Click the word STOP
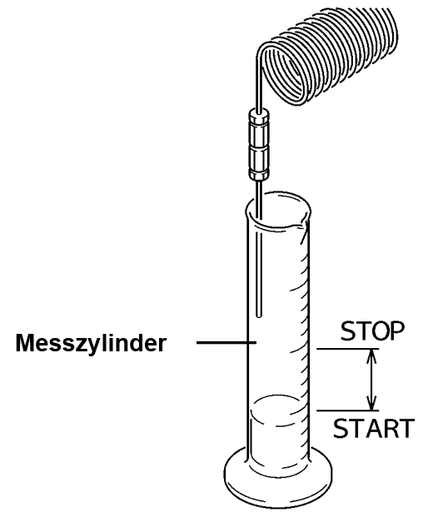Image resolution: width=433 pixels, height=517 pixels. coord(372,331)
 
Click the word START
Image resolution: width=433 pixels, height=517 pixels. coord(373,428)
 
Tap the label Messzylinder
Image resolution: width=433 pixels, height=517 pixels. coord(91,343)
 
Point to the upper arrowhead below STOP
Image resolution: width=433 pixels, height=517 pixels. coord(371,354)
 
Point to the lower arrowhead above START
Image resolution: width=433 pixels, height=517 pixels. coord(372,405)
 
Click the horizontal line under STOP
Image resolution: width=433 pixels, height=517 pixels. coord(347,349)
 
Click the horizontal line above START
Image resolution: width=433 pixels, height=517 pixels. coord(347,410)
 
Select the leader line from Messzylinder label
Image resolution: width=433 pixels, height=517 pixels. coord(226,343)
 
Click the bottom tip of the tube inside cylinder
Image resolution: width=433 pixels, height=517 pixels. coord(259,316)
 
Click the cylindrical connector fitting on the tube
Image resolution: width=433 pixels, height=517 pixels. coord(259,145)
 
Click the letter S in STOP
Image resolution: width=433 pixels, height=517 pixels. coord(347,331)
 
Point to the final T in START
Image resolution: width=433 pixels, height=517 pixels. coord(406,428)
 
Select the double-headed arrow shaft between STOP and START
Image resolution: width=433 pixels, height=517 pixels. coord(372,380)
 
